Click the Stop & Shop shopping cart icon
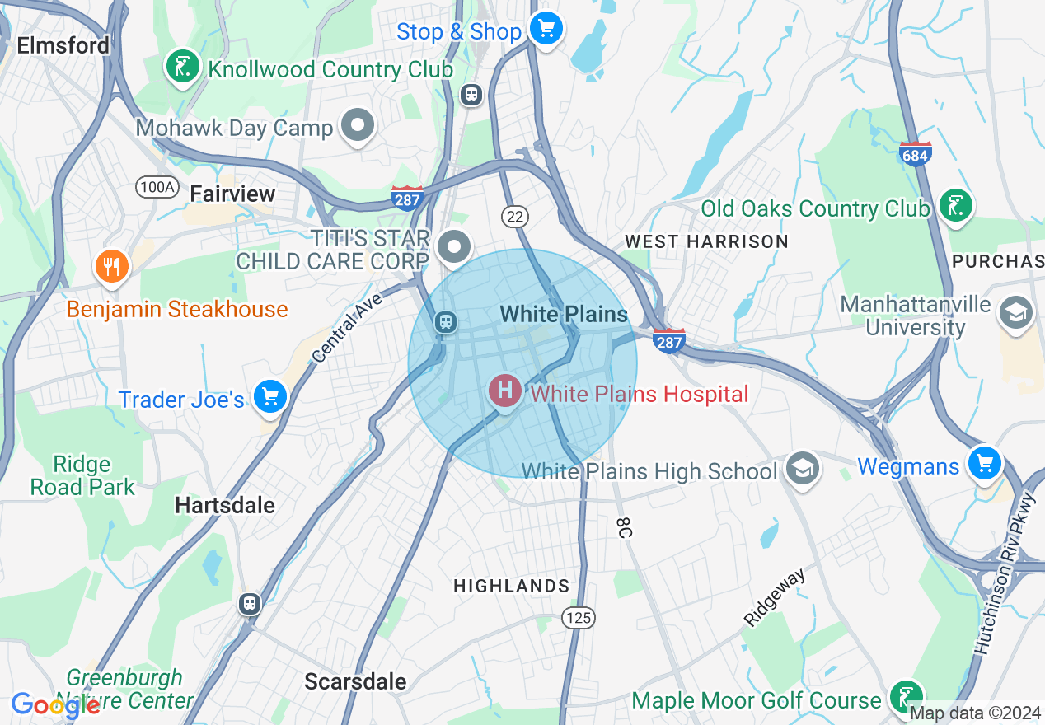pyautogui.click(x=545, y=30)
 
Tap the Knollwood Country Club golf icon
pyautogui.click(x=182, y=67)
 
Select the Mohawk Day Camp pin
pyautogui.click(x=358, y=126)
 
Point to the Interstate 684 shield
pyautogui.click(x=916, y=153)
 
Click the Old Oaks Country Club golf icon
pyautogui.click(x=955, y=205)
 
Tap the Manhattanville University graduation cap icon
pyautogui.click(x=1016, y=312)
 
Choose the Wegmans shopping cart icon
pyautogui.click(x=984, y=463)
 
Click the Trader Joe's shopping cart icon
pyautogui.click(x=269, y=397)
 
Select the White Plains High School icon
pyautogui.click(x=801, y=468)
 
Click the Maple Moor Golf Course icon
pyautogui.click(x=907, y=697)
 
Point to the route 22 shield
pyautogui.click(x=515, y=217)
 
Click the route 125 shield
pyautogui.click(x=578, y=616)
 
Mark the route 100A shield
pyautogui.click(x=157, y=188)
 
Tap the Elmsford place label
pyautogui.click(x=63, y=45)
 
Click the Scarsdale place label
pyautogui.click(x=355, y=681)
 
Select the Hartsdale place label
pyautogui.click(x=225, y=504)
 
